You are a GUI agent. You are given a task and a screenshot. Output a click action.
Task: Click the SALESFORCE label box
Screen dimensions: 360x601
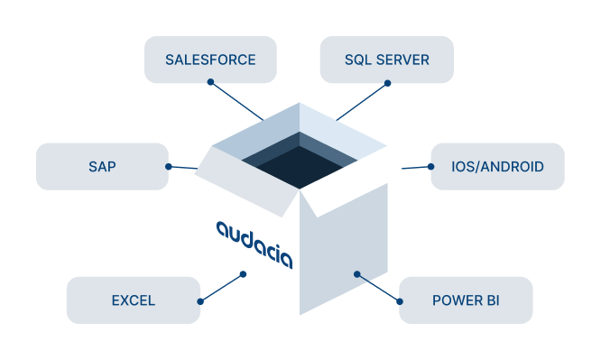pyautogui.click(x=210, y=60)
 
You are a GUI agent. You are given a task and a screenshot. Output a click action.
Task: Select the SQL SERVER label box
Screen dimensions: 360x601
pyautogui.click(x=386, y=60)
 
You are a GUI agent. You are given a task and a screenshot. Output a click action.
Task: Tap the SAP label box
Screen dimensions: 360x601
pyautogui.click(x=102, y=166)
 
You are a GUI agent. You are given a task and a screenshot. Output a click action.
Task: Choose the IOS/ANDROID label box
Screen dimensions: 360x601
pyautogui.click(x=497, y=166)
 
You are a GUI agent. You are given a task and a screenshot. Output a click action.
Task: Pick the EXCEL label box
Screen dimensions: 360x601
pyautogui.click(x=133, y=300)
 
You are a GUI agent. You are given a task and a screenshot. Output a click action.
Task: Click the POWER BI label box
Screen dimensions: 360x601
pyautogui.click(x=466, y=300)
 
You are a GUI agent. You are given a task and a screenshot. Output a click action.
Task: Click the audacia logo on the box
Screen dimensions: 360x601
pyautogui.click(x=254, y=242)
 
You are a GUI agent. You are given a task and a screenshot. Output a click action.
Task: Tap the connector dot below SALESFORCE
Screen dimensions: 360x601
pyautogui.click(x=210, y=83)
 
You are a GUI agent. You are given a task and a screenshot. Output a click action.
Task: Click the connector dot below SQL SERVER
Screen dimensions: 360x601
pyautogui.click(x=387, y=84)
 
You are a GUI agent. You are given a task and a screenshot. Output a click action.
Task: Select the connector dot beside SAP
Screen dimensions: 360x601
pyautogui.click(x=169, y=166)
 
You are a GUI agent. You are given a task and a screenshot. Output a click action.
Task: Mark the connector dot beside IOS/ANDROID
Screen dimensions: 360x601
pyautogui.click(x=430, y=166)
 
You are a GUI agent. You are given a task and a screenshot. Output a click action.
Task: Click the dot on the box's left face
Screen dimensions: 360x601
pyautogui.click(x=242, y=274)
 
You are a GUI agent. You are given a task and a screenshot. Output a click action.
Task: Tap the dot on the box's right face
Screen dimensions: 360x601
pyautogui.click(x=356, y=274)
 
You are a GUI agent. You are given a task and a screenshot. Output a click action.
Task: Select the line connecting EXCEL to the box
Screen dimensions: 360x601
pyautogui.click(x=220, y=287)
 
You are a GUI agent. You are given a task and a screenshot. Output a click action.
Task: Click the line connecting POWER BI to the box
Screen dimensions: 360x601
pyautogui.click(x=378, y=288)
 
